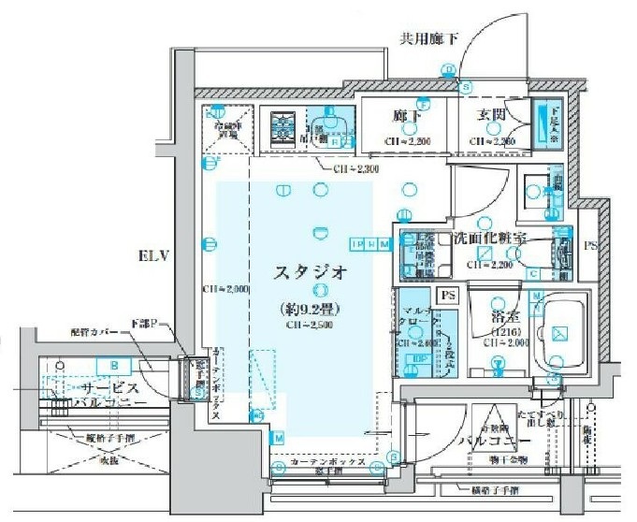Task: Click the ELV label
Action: pos(153,255)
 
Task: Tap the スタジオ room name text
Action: pos(311,273)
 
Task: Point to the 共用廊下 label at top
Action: pos(429,39)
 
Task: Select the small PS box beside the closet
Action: pos(448,297)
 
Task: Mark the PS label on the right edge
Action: pos(589,247)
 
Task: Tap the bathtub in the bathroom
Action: pos(557,332)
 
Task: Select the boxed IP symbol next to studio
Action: pos(356,244)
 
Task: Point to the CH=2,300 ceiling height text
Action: pos(356,169)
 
